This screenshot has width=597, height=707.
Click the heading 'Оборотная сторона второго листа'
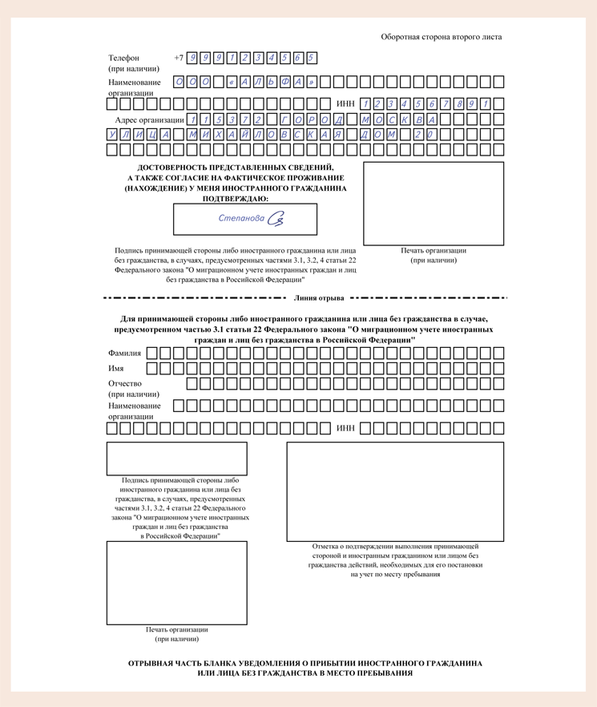coord(442,37)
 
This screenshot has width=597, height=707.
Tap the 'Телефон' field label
coord(123,58)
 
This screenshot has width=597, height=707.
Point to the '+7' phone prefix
coord(179,58)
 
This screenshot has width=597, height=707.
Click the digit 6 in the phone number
coord(297,58)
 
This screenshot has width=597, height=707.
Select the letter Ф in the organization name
coord(284,82)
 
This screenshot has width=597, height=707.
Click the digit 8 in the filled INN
coord(459,103)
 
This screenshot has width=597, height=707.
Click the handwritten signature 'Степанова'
coord(241,218)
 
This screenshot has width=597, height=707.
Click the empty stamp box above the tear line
coord(434,204)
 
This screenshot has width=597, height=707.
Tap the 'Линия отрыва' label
coord(320,298)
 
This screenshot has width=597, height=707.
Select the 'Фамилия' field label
coord(124,353)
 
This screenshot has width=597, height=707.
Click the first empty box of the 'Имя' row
coord(153,369)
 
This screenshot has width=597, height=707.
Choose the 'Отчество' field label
coord(126,383)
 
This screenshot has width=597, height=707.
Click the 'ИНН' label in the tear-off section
coord(345,428)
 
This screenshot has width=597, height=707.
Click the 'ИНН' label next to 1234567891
coord(345,103)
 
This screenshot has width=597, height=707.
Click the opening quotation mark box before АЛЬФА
coord(232,82)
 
